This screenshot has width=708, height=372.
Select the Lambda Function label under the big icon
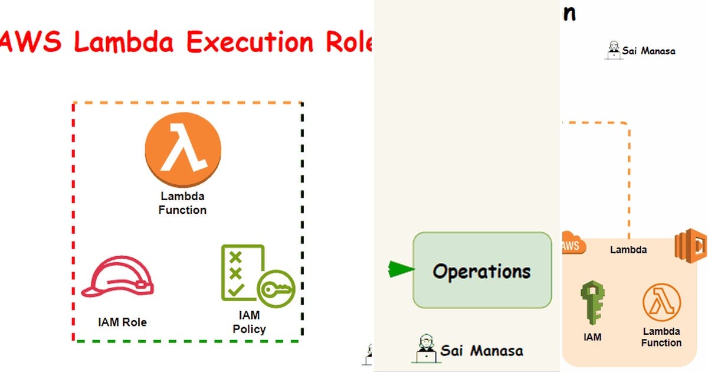pyautogui.click(x=182, y=203)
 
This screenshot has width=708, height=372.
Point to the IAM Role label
pyautogui.click(x=122, y=322)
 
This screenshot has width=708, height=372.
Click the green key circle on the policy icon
pyautogui.click(x=276, y=289)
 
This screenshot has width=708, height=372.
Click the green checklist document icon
pyautogui.click(x=241, y=272)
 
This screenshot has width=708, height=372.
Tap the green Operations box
pyautogui.click(x=482, y=270)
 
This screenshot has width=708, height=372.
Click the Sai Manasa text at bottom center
pyautogui.click(x=481, y=351)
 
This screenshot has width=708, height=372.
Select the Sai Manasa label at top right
pyautogui.click(x=648, y=51)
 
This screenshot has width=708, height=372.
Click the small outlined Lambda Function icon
pyautogui.click(x=661, y=303)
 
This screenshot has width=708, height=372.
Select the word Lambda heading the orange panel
pyautogui.click(x=628, y=250)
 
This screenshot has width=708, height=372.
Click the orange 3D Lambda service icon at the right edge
pyautogui.click(x=691, y=247)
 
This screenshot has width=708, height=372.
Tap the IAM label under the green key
pyautogui.click(x=592, y=337)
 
